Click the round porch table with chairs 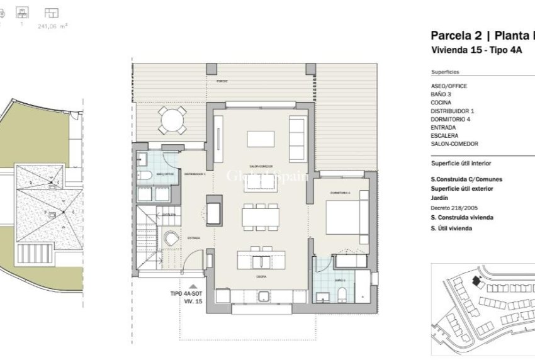[172, 118]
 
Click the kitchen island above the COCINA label [261, 259]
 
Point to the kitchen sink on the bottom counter [264, 296]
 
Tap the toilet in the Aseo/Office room [143, 175]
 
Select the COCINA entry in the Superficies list [441, 103]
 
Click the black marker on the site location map [475, 279]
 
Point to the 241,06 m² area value [53, 26]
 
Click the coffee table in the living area [260, 138]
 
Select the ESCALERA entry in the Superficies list [444, 135]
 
